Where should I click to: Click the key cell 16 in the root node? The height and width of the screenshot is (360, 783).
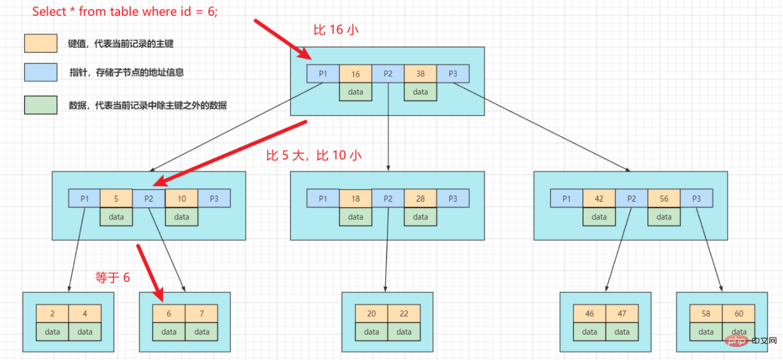(355, 74)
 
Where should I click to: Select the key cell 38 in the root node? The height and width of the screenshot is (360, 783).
(420, 74)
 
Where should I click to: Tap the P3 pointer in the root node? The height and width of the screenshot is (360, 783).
(453, 74)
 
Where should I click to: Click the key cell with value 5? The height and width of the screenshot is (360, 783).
(116, 199)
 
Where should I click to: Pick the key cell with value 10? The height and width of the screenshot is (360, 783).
(181, 199)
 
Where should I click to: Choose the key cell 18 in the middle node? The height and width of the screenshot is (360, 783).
(355, 199)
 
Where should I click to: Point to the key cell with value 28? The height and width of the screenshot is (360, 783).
(420, 199)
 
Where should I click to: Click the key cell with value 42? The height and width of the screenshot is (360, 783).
(599, 199)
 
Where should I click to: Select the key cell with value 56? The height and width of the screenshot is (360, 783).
(664, 199)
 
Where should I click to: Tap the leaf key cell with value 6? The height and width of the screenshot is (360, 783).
(168, 314)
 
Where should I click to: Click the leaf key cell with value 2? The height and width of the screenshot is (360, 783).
(52, 314)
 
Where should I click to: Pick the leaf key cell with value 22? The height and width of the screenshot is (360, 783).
(404, 314)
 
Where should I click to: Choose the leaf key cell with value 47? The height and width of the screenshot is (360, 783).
(622, 314)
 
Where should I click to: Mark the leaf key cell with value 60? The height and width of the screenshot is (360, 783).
(739, 314)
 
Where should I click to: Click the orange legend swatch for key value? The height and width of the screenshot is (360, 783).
(41, 43)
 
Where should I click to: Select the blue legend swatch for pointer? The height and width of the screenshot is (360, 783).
(41, 72)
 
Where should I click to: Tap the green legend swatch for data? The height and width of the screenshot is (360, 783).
(41, 105)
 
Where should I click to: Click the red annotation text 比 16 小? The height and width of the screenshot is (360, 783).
(336, 30)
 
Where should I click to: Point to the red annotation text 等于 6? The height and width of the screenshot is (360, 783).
(112, 277)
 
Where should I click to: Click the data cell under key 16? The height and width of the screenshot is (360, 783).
(355, 92)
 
